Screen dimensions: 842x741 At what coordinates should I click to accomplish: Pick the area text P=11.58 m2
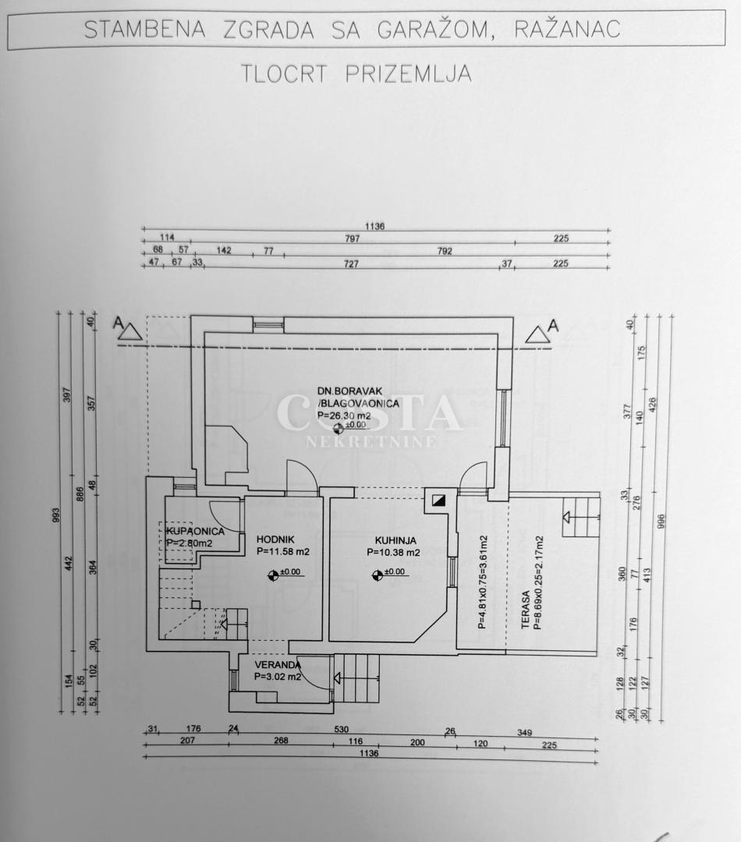coord(283,551)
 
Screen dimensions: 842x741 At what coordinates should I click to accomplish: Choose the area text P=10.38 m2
coord(393,552)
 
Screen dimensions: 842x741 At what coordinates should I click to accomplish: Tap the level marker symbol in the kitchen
coord(378,575)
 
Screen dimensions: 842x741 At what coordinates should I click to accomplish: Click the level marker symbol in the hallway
coord(272,575)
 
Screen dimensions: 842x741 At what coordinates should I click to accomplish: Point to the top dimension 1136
coord(375,226)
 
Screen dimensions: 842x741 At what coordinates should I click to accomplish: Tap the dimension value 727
coord(351,264)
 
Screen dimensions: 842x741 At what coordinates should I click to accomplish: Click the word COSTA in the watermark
coord(370,413)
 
